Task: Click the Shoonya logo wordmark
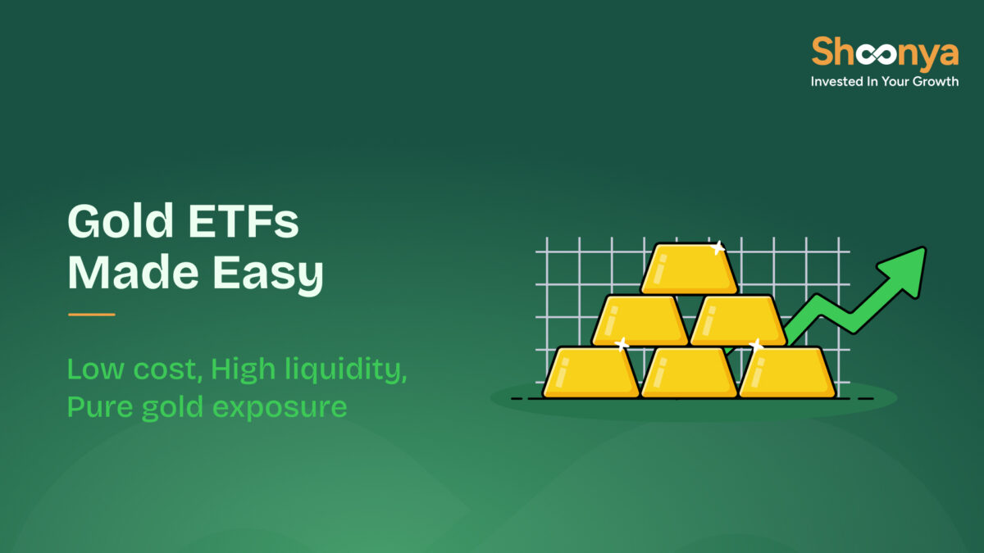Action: (x=884, y=53)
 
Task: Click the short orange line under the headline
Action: (x=91, y=314)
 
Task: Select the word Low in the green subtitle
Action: (x=92, y=369)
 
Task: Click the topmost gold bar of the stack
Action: (x=688, y=269)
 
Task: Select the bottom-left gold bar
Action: (x=590, y=372)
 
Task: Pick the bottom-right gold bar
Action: (x=787, y=372)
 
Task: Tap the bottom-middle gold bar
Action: (x=689, y=372)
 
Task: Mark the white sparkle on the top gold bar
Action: (x=718, y=247)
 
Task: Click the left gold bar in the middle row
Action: (x=640, y=320)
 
